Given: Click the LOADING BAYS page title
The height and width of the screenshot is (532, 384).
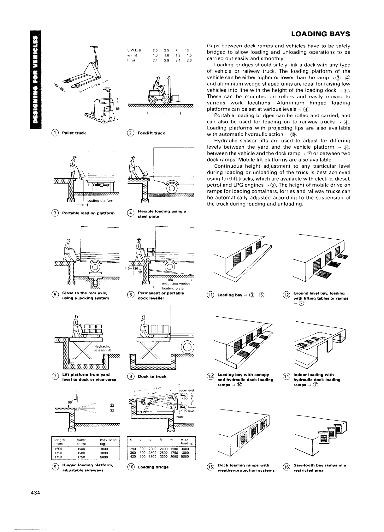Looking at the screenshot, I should (320, 34).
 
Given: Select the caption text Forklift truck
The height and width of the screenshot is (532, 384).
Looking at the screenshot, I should (151, 133).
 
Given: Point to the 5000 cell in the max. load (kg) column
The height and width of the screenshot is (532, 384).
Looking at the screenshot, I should (104, 457).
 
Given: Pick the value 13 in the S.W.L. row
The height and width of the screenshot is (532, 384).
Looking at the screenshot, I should (187, 50).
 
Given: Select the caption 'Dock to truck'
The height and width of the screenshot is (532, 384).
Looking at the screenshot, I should (152, 376).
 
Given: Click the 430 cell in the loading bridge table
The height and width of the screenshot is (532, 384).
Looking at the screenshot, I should (133, 457).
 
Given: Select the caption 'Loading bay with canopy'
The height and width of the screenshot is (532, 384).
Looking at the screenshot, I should (243, 375).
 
